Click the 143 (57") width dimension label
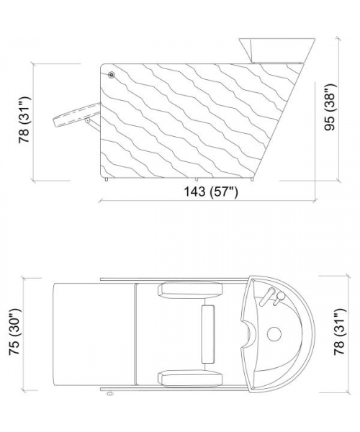(210, 192)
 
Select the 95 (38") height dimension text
(330, 107)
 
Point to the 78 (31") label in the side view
(24, 120)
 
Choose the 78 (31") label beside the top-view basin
(339, 331)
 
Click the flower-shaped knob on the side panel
(111, 74)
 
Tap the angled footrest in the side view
(76, 115)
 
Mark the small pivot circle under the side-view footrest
(88, 120)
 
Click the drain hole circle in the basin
(274, 334)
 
